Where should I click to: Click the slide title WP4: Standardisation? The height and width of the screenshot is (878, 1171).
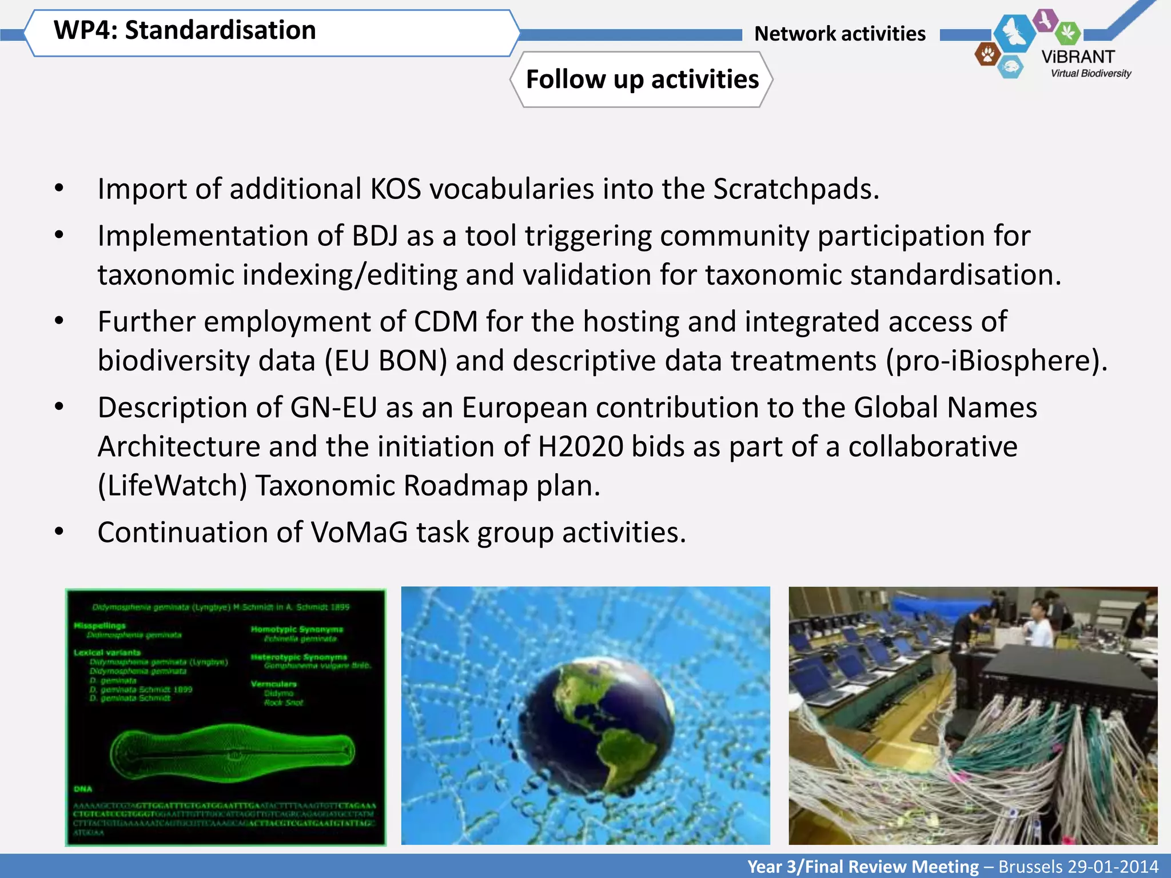point(184,30)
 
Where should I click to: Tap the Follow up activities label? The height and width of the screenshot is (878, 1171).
point(642,79)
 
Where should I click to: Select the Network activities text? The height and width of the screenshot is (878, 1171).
point(839,34)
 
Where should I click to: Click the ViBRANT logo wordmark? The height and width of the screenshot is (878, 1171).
point(1078,57)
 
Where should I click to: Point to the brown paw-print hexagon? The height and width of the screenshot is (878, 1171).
point(987,55)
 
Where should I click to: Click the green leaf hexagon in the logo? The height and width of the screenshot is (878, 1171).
point(1067,33)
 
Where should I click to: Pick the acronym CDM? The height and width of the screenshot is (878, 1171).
point(445,322)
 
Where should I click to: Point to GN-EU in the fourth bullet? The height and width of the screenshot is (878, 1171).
point(333,408)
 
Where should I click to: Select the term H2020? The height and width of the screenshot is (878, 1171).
point(580,447)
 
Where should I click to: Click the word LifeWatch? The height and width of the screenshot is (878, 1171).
point(172,486)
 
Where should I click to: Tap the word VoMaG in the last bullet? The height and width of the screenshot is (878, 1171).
point(359,533)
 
